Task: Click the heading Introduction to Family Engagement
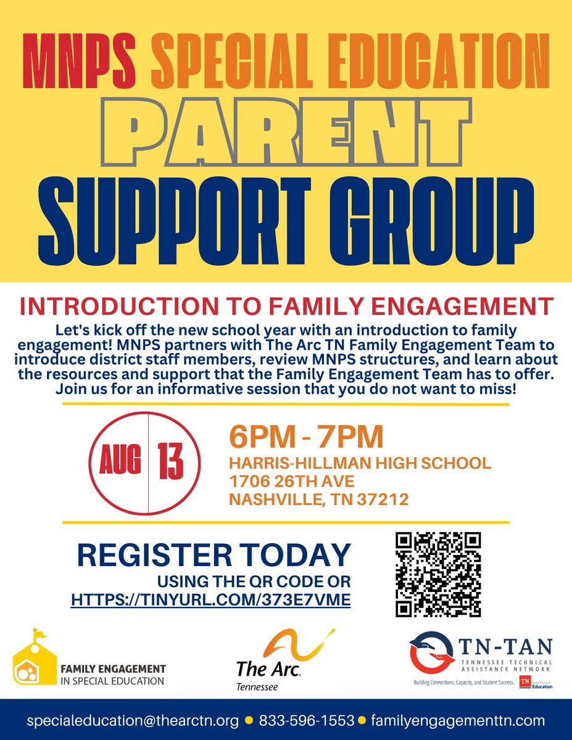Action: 286,306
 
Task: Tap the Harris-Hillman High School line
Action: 360,462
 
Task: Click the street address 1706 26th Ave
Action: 291,481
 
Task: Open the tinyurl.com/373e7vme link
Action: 211,598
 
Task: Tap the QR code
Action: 437,574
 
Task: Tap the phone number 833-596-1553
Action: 307,720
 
